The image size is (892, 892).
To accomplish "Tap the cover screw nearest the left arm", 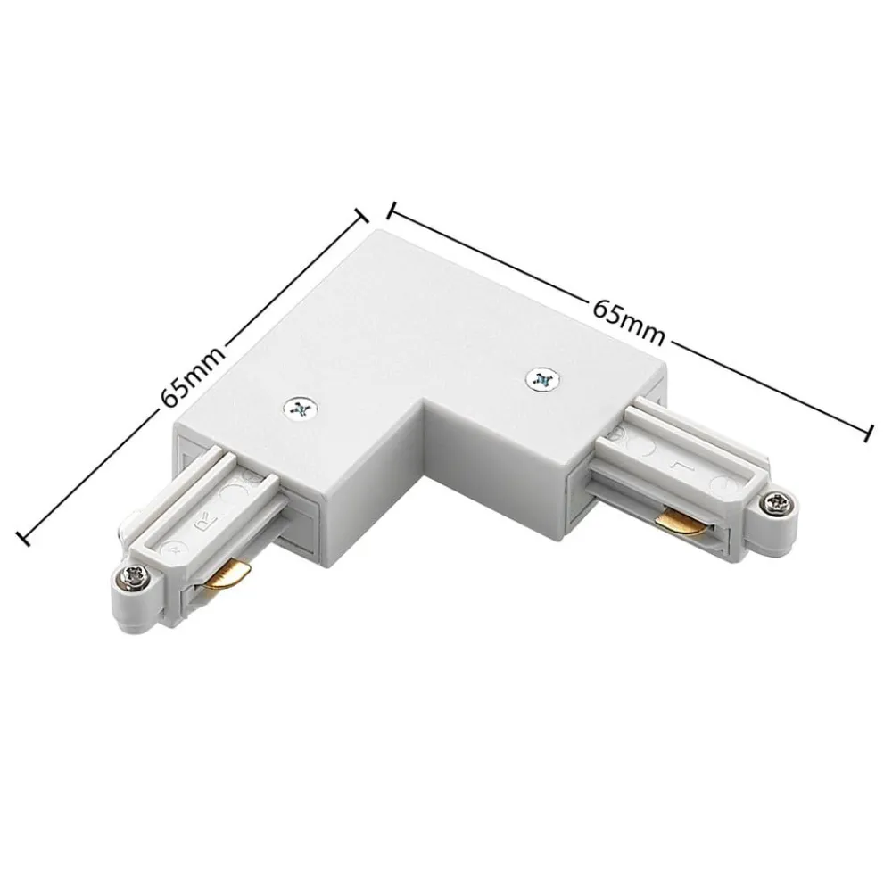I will pyautogui.click(x=299, y=409).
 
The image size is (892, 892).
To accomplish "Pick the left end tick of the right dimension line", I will pyautogui.click(x=390, y=211).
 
